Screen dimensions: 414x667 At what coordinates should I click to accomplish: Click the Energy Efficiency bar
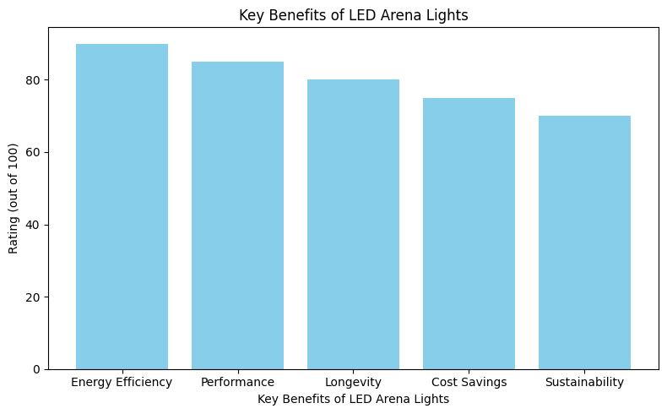(x=122, y=206)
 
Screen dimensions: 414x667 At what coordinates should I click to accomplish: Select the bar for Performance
(x=237, y=215)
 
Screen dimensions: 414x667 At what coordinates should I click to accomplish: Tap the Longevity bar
(x=353, y=224)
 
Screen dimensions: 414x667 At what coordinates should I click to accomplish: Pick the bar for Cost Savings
(x=469, y=233)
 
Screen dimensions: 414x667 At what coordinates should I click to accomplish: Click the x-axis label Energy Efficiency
(x=122, y=382)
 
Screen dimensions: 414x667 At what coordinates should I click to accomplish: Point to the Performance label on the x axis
(x=237, y=382)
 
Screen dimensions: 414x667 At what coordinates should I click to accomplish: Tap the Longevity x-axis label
(x=353, y=382)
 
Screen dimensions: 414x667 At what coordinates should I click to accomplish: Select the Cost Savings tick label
(x=469, y=382)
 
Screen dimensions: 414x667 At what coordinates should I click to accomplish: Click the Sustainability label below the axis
(x=584, y=382)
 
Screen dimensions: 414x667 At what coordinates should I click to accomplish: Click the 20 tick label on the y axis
(x=35, y=297)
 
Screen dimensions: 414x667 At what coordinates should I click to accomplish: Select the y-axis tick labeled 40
(x=35, y=225)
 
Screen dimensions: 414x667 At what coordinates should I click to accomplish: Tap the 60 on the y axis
(x=35, y=152)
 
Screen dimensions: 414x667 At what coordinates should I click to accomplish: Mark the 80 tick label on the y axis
(x=35, y=80)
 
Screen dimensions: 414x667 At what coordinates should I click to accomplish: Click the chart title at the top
(x=353, y=14)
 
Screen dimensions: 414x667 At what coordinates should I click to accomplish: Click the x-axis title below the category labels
(x=353, y=399)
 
